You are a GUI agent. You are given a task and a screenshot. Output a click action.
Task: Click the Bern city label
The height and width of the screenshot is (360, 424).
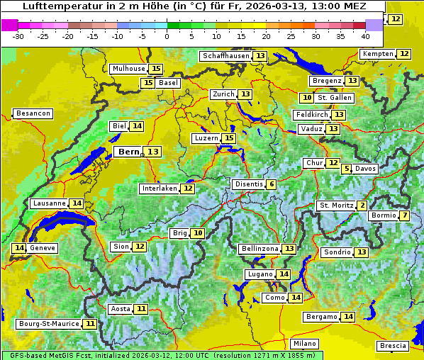[x=129, y=152]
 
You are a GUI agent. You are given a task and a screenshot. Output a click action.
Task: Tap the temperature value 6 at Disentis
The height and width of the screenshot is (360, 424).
[x=272, y=184]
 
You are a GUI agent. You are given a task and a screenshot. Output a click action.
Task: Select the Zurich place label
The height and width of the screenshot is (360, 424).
[x=223, y=94]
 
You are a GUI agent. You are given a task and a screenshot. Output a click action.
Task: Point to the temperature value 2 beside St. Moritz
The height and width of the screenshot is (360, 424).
[x=362, y=206]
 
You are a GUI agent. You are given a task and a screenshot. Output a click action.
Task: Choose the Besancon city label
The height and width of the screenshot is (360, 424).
[x=33, y=113]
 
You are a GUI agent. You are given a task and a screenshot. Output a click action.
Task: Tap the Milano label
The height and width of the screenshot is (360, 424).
[x=306, y=343]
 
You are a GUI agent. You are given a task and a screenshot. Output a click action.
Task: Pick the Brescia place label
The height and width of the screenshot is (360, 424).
[x=394, y=346]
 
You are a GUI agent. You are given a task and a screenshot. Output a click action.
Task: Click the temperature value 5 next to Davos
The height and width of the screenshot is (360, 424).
[x=347, y=169]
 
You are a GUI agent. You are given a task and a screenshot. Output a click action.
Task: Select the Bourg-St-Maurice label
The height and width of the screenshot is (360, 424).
[x=48, y=324]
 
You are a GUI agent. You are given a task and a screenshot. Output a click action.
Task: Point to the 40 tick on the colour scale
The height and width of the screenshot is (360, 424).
[x=365, y=35]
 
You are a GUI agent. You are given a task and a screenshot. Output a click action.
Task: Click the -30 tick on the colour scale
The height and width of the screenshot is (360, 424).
[x=18, y=35]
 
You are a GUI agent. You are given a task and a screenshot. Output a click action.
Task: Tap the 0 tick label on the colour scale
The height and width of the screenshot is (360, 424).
[x=167, y=35]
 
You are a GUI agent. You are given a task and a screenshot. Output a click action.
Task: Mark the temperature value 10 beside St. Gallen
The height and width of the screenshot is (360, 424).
[x=307, y=98]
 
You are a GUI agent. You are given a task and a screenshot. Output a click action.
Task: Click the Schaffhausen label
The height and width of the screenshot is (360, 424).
[x=226, y=56]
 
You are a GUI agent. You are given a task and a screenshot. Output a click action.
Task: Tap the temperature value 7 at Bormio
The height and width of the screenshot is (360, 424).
[x=404, y=215]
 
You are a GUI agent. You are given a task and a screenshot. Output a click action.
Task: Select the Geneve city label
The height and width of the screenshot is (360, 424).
[x=43, y=248]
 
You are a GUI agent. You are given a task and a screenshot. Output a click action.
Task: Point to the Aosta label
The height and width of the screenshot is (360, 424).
[x=121, y=309]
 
